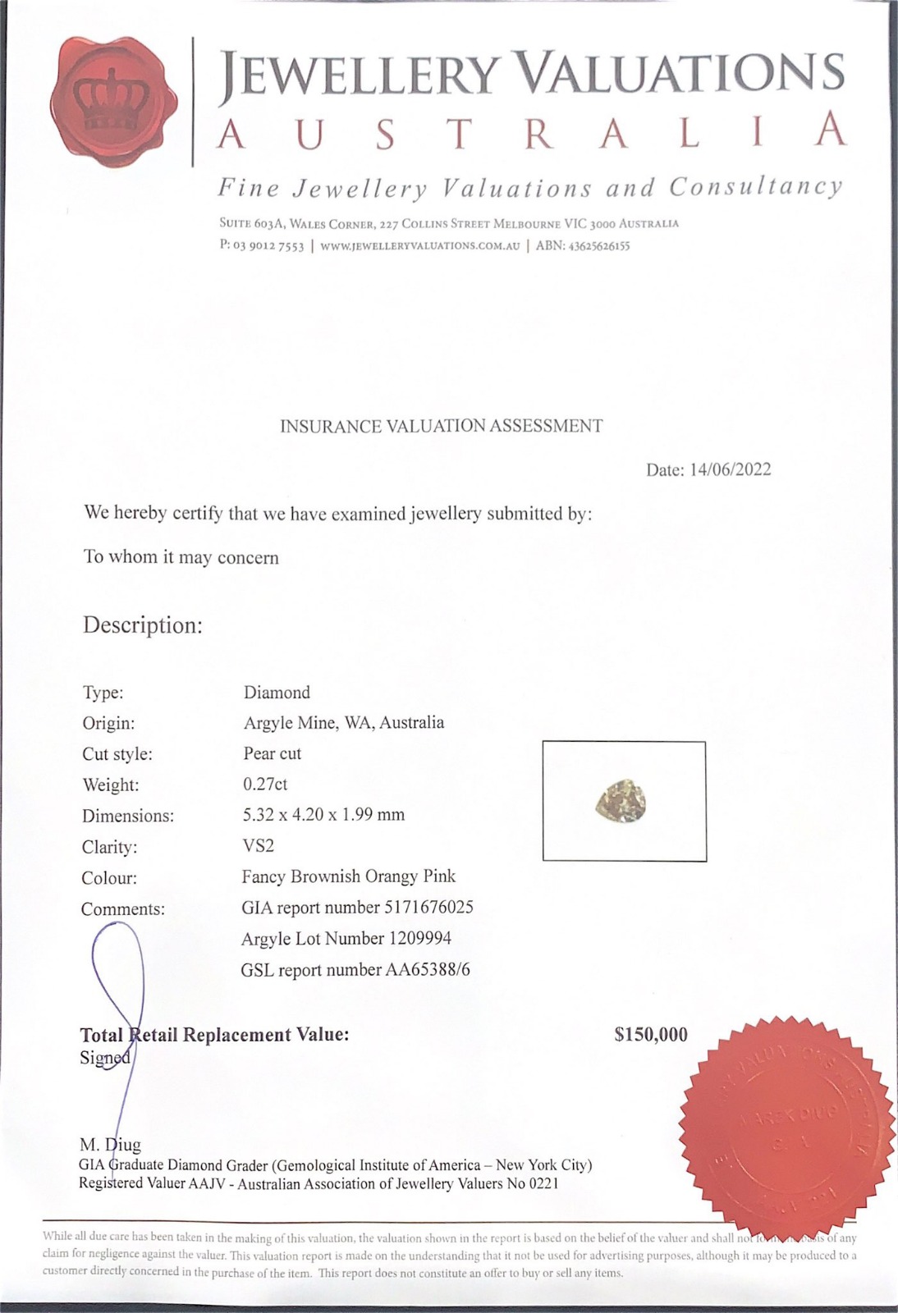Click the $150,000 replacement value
(x=651, y=1035)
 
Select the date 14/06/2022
(x=731, y=469)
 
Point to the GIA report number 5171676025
(x=357, y=907)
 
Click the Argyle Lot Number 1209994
(x=346, y=938)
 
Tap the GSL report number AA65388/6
(x=355, y=969)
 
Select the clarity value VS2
(x=259, y=845)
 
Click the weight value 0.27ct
(x=265, y=784)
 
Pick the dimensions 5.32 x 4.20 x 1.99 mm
(x=324, y=814)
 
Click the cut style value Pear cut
(x=273, y=753)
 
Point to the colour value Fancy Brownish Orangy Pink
(x=349, y=876)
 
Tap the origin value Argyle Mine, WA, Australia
(x=344, y=722)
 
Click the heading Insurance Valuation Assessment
(x=442, y=426)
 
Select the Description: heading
(x=143, y=625)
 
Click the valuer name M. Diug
(x=110, y=1144)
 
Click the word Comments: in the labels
(x=123, y=908)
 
